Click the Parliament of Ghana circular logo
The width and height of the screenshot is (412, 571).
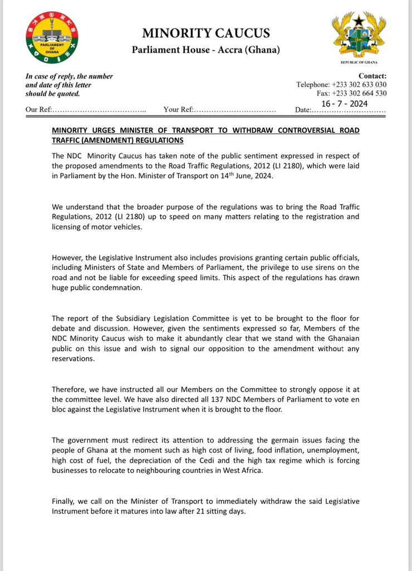(52, 38)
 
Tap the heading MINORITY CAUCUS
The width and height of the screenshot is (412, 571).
(206, 33)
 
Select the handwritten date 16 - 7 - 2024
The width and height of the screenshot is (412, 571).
(344, 103)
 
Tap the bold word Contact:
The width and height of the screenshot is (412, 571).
(372, 76)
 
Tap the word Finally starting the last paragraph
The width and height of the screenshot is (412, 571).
(65, 501)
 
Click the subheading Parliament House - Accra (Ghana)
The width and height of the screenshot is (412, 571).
(206, 50)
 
